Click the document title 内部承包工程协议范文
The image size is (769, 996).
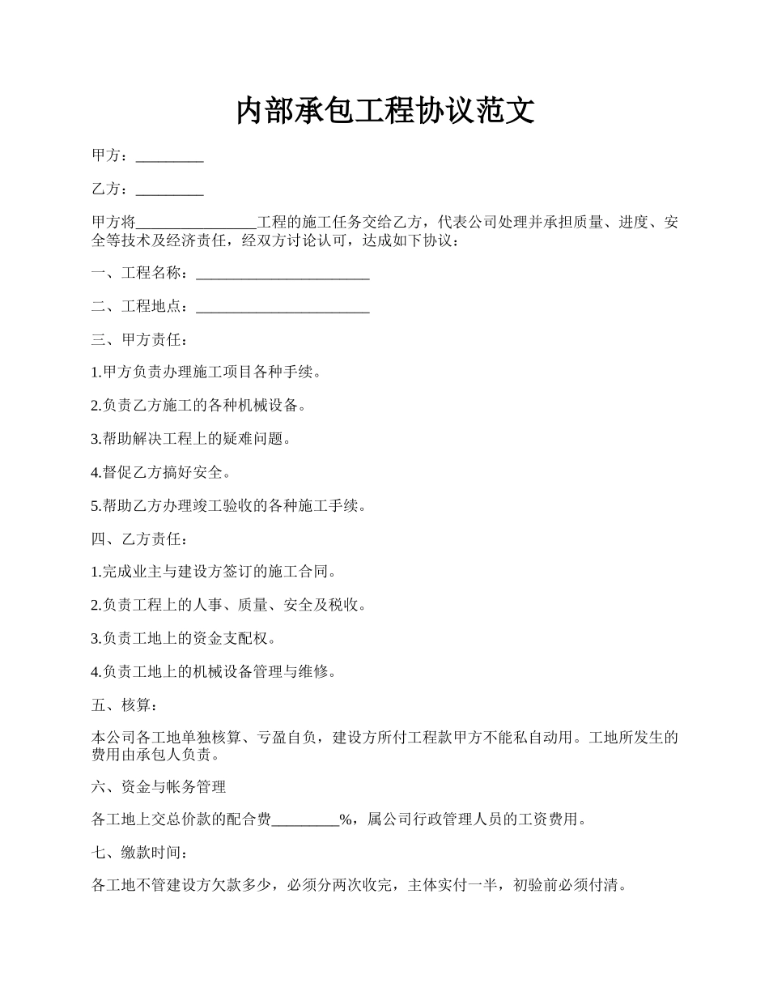(384, 111)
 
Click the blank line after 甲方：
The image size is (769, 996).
(169, 158)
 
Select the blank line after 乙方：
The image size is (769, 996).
(169, 191)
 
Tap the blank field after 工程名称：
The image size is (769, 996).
(283, 275)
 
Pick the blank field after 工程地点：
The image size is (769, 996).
(283, 308)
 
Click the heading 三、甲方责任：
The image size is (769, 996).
(140, 340)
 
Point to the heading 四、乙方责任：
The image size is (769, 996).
(140, 539)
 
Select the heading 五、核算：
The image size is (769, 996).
(125, 705)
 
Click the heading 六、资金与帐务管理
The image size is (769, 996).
(159, 786)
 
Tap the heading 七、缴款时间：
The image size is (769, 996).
(140, 853)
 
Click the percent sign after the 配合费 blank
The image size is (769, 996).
(345, 819)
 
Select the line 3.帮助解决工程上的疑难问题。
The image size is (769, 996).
(192, 440)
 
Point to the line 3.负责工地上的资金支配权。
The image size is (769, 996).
(185, 639)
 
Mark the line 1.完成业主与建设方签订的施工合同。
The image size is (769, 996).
(214, 572)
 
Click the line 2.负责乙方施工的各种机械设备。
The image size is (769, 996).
(199, 406)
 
